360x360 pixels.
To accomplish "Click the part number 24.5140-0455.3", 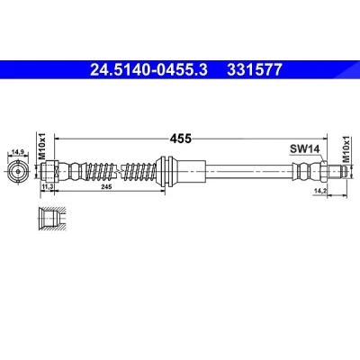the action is (148, 70).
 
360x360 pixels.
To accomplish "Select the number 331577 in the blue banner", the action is (255, 70).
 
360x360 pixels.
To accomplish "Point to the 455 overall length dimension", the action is (180, 139).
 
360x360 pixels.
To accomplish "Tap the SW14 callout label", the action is (304, 148).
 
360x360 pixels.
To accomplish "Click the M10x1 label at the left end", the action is (41, 146).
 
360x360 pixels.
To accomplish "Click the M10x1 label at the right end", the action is (346, 149).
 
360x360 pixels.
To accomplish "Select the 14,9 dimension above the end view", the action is (18, 152).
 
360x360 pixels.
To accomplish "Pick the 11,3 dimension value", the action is (48, 187).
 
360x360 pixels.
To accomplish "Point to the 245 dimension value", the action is (106, 187).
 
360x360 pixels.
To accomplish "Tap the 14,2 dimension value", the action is (319, 191).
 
